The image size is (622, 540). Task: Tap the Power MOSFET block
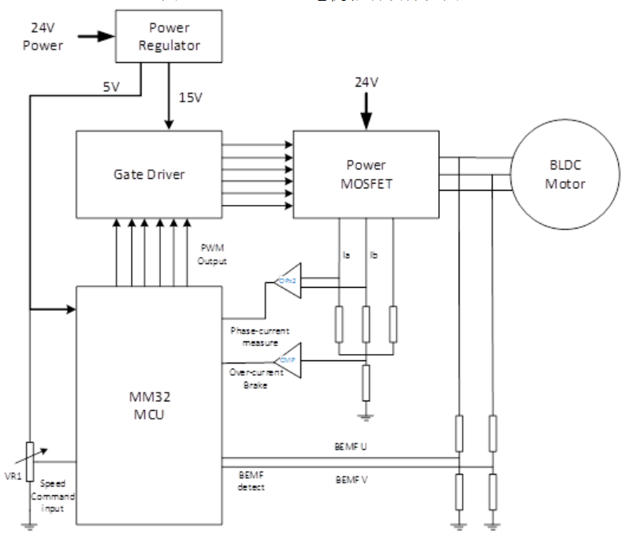point(365,173)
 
